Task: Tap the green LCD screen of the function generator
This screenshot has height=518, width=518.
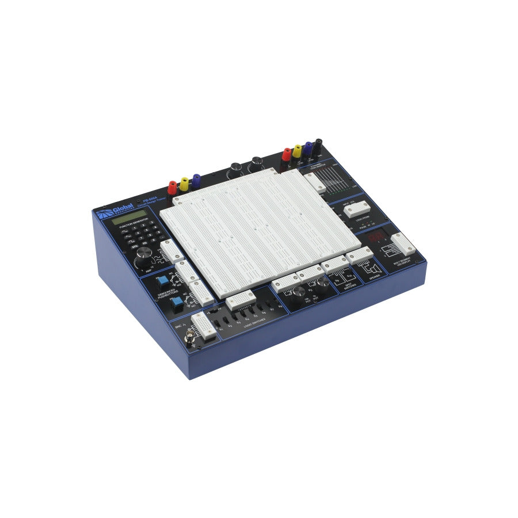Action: (129, 220)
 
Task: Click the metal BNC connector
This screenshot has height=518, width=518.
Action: (188, 340)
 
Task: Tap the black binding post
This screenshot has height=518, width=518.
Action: (317, 144)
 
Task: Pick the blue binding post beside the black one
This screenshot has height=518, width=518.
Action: (308, 148)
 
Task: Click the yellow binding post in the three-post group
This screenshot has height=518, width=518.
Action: (184, 184)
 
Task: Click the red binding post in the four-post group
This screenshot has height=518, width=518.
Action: (286, 154)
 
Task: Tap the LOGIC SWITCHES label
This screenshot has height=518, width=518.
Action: (254, 326)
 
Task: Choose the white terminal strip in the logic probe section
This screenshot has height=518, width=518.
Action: (356, 208)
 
